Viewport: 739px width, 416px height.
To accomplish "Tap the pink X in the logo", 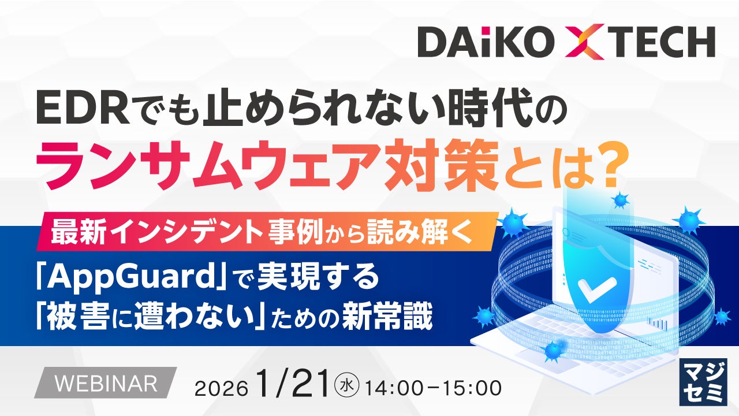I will [585, 42].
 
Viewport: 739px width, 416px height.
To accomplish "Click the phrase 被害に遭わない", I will [152, 318].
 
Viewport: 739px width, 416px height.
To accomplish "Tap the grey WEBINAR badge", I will [104, 382].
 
